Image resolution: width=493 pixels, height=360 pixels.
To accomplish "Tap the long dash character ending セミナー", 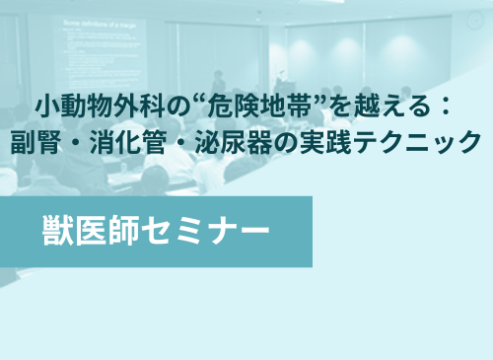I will [x=252, y=231].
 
